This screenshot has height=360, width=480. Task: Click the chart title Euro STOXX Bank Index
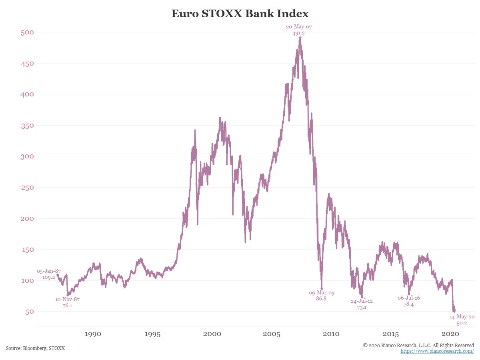[x=240, y=14]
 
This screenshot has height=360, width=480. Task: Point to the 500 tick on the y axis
[x=27, y=32]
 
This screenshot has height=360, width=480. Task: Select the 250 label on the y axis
[x=27, y=188]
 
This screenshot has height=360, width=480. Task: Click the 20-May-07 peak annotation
[x=298, y=27]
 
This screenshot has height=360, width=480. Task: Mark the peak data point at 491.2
[x=300, y=38]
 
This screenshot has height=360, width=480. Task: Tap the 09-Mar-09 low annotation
[x=321, y=293]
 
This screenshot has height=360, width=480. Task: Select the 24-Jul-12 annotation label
[x=362, y=301]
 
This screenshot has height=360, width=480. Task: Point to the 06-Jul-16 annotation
[x=408, y=298]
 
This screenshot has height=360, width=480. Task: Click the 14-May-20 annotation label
[x=462, y=316]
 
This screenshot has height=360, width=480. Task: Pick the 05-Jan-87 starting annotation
[x=48, y=271]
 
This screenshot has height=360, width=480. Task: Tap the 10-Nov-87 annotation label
[x=67, y=300]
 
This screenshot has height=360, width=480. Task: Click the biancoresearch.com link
[x=437, y=351]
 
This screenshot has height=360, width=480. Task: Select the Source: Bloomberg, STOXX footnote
[x=35, y=348]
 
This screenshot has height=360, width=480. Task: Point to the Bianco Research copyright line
[x=418, y=345]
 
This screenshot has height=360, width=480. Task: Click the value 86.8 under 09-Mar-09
[x=321, y=298]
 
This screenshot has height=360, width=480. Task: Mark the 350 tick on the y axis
[x=27, y=126]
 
